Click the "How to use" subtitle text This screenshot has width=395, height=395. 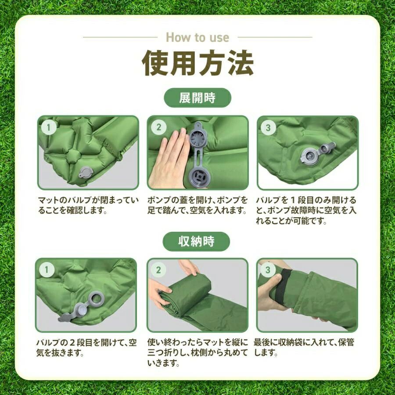pyautogui.click(x=197, y=38)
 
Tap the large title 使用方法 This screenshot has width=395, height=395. pyautogui.click(x=198, y=63)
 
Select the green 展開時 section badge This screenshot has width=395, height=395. pyautogui.click(x=197, y=98)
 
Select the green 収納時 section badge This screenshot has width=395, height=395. pyautogui.click(x=196, y=241)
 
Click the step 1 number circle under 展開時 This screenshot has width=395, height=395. pyautogui.click(x=48, y=127)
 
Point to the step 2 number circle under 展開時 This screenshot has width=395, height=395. pyautogui.click(x=158, y=127)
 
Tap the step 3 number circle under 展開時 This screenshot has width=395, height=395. pyautogui.click(x=268, y=128)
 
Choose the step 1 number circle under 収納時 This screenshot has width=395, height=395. pyautogui.click(x=47, y=270)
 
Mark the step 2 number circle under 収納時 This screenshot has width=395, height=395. pyautogui.click(x=158, y=270)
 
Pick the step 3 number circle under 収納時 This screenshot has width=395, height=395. pyautogui.click(x=268, y=270)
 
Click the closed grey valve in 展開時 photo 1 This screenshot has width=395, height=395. pyautogui.click(x=86, y=173)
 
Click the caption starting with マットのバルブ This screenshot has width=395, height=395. pyautogui.click(x=88, y=205)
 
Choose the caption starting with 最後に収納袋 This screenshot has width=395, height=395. pyautogui.click(x=304, y=348)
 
